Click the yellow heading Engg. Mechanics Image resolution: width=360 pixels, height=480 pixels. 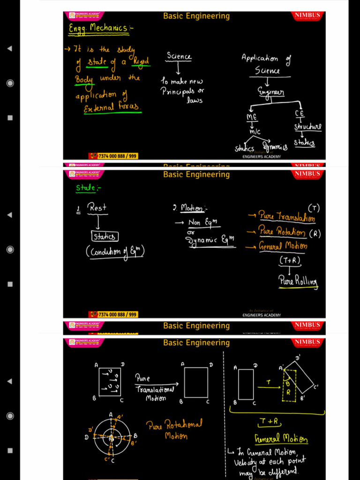point(99,29)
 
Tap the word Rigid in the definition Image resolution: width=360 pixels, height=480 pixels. point(141,61)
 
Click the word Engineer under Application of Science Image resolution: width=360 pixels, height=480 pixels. point(271,92)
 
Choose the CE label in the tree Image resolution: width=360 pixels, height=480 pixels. point(300,113)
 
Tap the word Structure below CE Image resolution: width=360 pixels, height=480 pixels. point(308,127)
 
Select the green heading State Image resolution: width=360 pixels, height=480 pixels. point(88,188)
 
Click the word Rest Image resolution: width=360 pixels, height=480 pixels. point(97,207)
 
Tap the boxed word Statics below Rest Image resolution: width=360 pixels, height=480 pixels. point(105,237)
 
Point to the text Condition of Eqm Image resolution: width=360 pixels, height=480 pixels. point(115,252)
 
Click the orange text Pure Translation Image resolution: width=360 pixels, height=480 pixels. point(287,217)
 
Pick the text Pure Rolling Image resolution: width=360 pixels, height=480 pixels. point(298,281)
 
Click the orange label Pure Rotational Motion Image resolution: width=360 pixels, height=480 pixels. point(174,429)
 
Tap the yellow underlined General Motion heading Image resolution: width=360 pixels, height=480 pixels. point(281,439)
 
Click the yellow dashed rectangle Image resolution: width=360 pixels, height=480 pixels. point(289,386)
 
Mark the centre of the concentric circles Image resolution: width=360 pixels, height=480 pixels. point(111,438)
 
